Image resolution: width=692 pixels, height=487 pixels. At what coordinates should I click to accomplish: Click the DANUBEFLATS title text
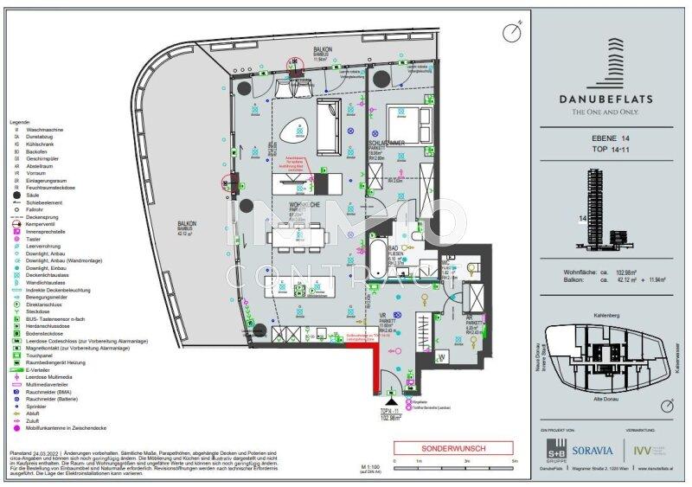point(610,97)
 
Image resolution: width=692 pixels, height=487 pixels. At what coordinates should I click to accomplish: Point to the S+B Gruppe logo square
point(554,448)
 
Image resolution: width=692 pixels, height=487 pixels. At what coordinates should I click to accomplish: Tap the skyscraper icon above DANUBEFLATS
point(609,56)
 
